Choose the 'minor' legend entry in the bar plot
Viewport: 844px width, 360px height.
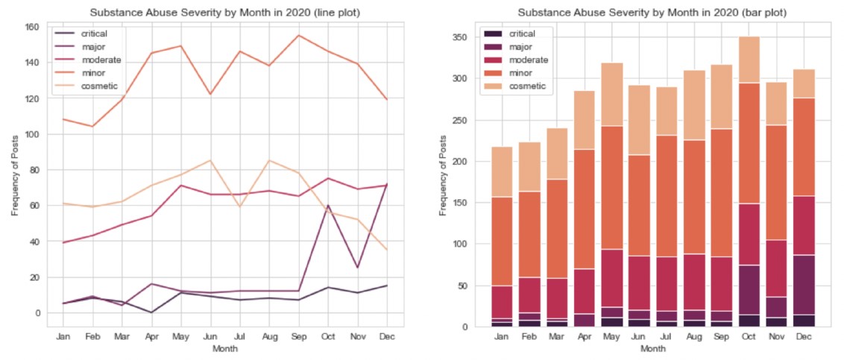click(519, 73)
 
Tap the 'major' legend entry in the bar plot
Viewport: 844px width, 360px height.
click(519, 47)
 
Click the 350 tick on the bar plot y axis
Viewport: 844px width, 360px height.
click(459, 37)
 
